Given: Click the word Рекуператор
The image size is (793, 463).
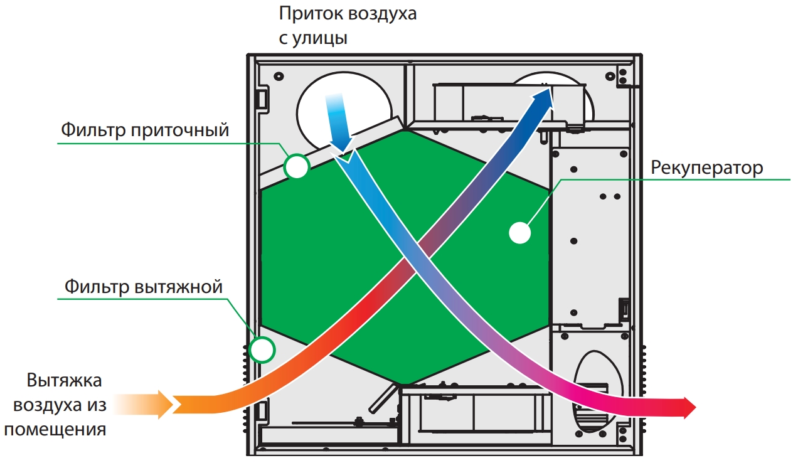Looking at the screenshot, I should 706,168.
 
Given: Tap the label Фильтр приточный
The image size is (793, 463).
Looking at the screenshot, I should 145,130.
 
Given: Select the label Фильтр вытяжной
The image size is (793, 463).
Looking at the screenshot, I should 144,287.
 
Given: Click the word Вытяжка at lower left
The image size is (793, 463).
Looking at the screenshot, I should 64,381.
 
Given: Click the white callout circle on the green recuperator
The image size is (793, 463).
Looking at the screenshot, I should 519,233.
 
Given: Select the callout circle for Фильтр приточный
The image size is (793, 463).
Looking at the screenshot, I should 296,167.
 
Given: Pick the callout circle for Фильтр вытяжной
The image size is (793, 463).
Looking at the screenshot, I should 262,349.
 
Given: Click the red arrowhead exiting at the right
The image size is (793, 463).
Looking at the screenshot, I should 687,408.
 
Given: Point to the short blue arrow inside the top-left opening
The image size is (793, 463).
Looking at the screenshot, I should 337,122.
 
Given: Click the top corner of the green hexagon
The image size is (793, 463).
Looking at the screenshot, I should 406,130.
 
